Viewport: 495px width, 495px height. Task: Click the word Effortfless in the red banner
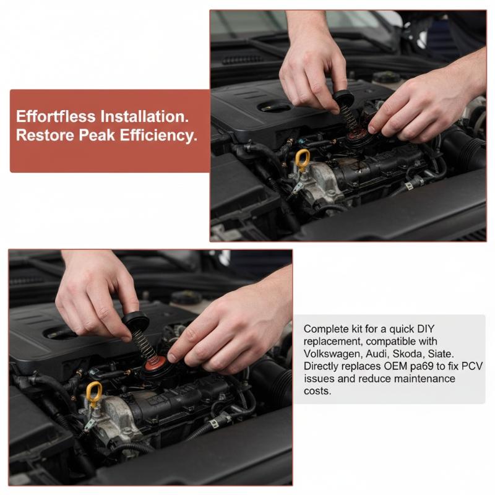coord(56,116)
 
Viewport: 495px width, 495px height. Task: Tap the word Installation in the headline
coord(145,116)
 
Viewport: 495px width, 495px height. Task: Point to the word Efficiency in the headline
coord(158,136)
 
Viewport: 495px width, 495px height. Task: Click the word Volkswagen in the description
coord(332,354)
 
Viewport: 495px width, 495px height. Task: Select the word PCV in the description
coord(472,366)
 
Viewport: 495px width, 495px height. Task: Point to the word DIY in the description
coord(426,329)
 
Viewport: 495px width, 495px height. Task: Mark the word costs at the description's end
coord(317,391)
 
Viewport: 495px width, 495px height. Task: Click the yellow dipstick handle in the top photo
coord(303,160)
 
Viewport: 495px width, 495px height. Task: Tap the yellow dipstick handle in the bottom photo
coord(95,393)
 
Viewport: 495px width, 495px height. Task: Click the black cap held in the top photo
coord(343,96)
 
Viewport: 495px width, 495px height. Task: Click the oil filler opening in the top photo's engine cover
coord(274,106)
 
